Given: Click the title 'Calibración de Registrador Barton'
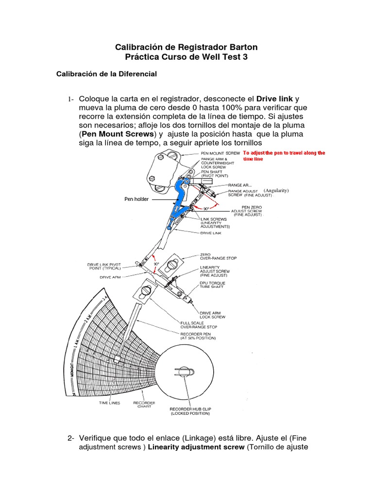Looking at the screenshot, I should coord(186,47).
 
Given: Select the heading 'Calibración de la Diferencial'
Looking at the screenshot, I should coord(106,74).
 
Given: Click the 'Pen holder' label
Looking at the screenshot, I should coord(136,199).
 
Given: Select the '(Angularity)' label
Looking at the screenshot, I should coord(276,191).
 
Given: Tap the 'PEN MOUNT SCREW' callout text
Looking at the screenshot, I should coord(220,153).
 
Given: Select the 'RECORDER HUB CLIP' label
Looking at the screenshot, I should coord(190,411).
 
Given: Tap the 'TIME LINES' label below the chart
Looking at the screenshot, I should coord(110,403).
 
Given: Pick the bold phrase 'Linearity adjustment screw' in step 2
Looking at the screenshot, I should coord(196,447).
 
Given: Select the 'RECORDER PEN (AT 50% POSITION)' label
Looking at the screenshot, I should coord(198,336).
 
